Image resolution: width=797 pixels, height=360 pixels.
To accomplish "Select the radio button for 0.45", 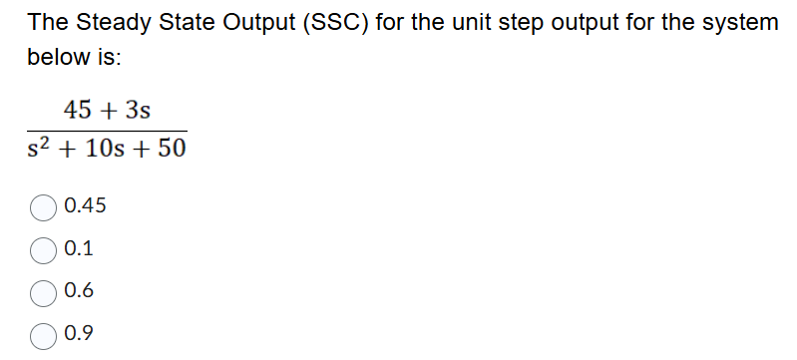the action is [45, 207].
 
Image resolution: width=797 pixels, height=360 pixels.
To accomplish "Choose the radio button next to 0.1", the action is [45, 249].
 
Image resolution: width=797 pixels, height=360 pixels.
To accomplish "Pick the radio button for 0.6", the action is [45, 292].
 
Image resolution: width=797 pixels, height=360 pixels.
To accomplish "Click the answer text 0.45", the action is [84, 206].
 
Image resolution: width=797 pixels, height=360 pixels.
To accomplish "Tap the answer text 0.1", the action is [78, 249].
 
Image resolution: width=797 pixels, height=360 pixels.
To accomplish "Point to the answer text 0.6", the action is [78, 291].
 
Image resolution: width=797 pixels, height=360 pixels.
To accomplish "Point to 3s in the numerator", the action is [139, 108].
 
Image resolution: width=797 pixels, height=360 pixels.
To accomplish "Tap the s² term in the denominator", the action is [41, 152].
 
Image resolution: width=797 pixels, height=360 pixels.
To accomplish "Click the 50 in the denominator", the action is [169, 152].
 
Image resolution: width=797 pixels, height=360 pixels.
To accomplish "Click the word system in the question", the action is [737, 22].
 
